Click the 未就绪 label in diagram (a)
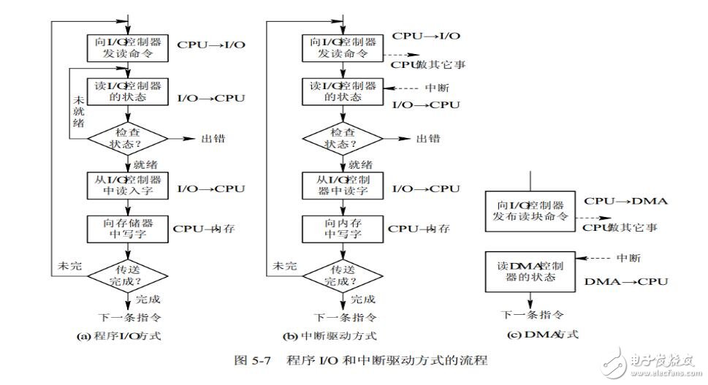click(x=77, y=110)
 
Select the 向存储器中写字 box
click(x=129, y=228)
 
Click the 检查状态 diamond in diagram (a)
click(x=129, y=137)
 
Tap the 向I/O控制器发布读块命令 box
click(x=531, y=212)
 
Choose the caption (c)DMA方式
click(x=532, y=334)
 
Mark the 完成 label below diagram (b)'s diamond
click(x=363, y=299)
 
